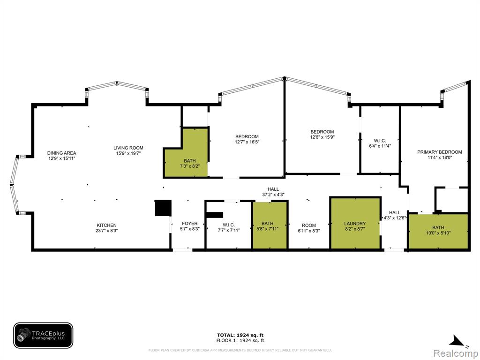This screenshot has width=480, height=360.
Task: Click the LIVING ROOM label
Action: (128, 148)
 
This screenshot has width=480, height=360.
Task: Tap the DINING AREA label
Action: (61, 153)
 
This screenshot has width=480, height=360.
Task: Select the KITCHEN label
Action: (106, 225)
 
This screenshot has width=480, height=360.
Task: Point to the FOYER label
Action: (190, 224)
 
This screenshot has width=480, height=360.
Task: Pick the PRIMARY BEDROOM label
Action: (440, 152)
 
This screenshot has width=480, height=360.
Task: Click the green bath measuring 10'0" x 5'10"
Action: (438, 232)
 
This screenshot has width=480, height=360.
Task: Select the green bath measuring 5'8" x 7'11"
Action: (270, 225)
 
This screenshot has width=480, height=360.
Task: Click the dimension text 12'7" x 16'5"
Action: (247, 142)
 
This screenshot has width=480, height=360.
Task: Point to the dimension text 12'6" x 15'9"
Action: (322, 137)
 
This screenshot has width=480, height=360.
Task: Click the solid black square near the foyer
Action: (163, 208)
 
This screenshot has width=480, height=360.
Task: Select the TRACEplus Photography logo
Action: (43, 336)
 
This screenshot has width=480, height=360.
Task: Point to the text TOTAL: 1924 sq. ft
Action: (240, 335)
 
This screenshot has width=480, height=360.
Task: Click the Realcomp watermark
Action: (456, 353)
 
